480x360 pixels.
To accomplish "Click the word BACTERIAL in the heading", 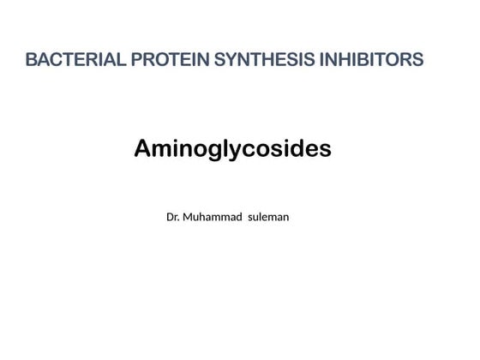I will [x=75, y=60].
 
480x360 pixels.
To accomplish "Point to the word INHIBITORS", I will [x=372, y=60].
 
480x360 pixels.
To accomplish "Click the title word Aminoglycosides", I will [x=232, y=149].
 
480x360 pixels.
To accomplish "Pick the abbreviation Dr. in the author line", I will [x=172, y=217].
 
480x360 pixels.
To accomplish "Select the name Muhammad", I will [x=212, y=217].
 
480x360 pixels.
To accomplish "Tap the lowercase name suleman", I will [x=268, y=217].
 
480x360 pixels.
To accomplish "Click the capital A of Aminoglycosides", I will [x=142, y=149].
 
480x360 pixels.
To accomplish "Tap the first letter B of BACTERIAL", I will [x=31, y=60].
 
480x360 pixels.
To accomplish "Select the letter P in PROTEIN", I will [x=137, y=60].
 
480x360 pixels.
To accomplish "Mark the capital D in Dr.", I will [x=170, y=217].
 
